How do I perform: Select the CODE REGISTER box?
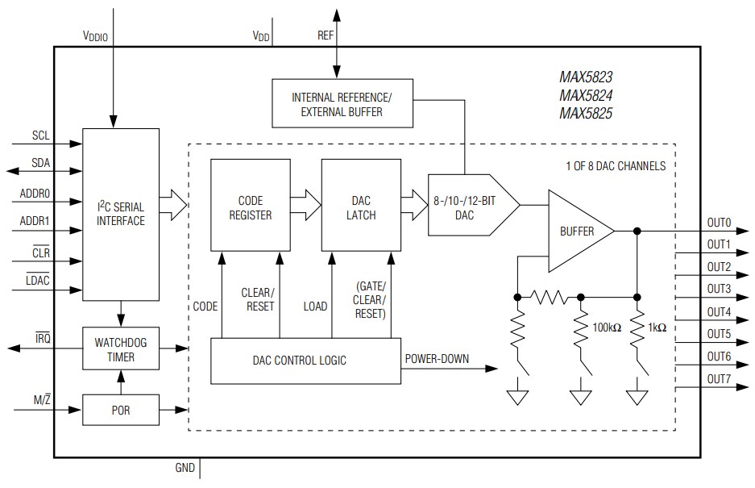point(249,206)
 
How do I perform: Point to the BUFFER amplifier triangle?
point(576,231)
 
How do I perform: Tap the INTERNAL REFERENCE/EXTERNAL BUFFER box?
point(342,104)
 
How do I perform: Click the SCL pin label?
point(41,135)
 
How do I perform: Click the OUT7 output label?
point(718,379)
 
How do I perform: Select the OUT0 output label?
point(718,222)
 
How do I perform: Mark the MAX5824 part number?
point(586,96)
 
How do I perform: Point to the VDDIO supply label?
point(98,36)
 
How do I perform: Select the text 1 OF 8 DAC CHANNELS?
point(615,166)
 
